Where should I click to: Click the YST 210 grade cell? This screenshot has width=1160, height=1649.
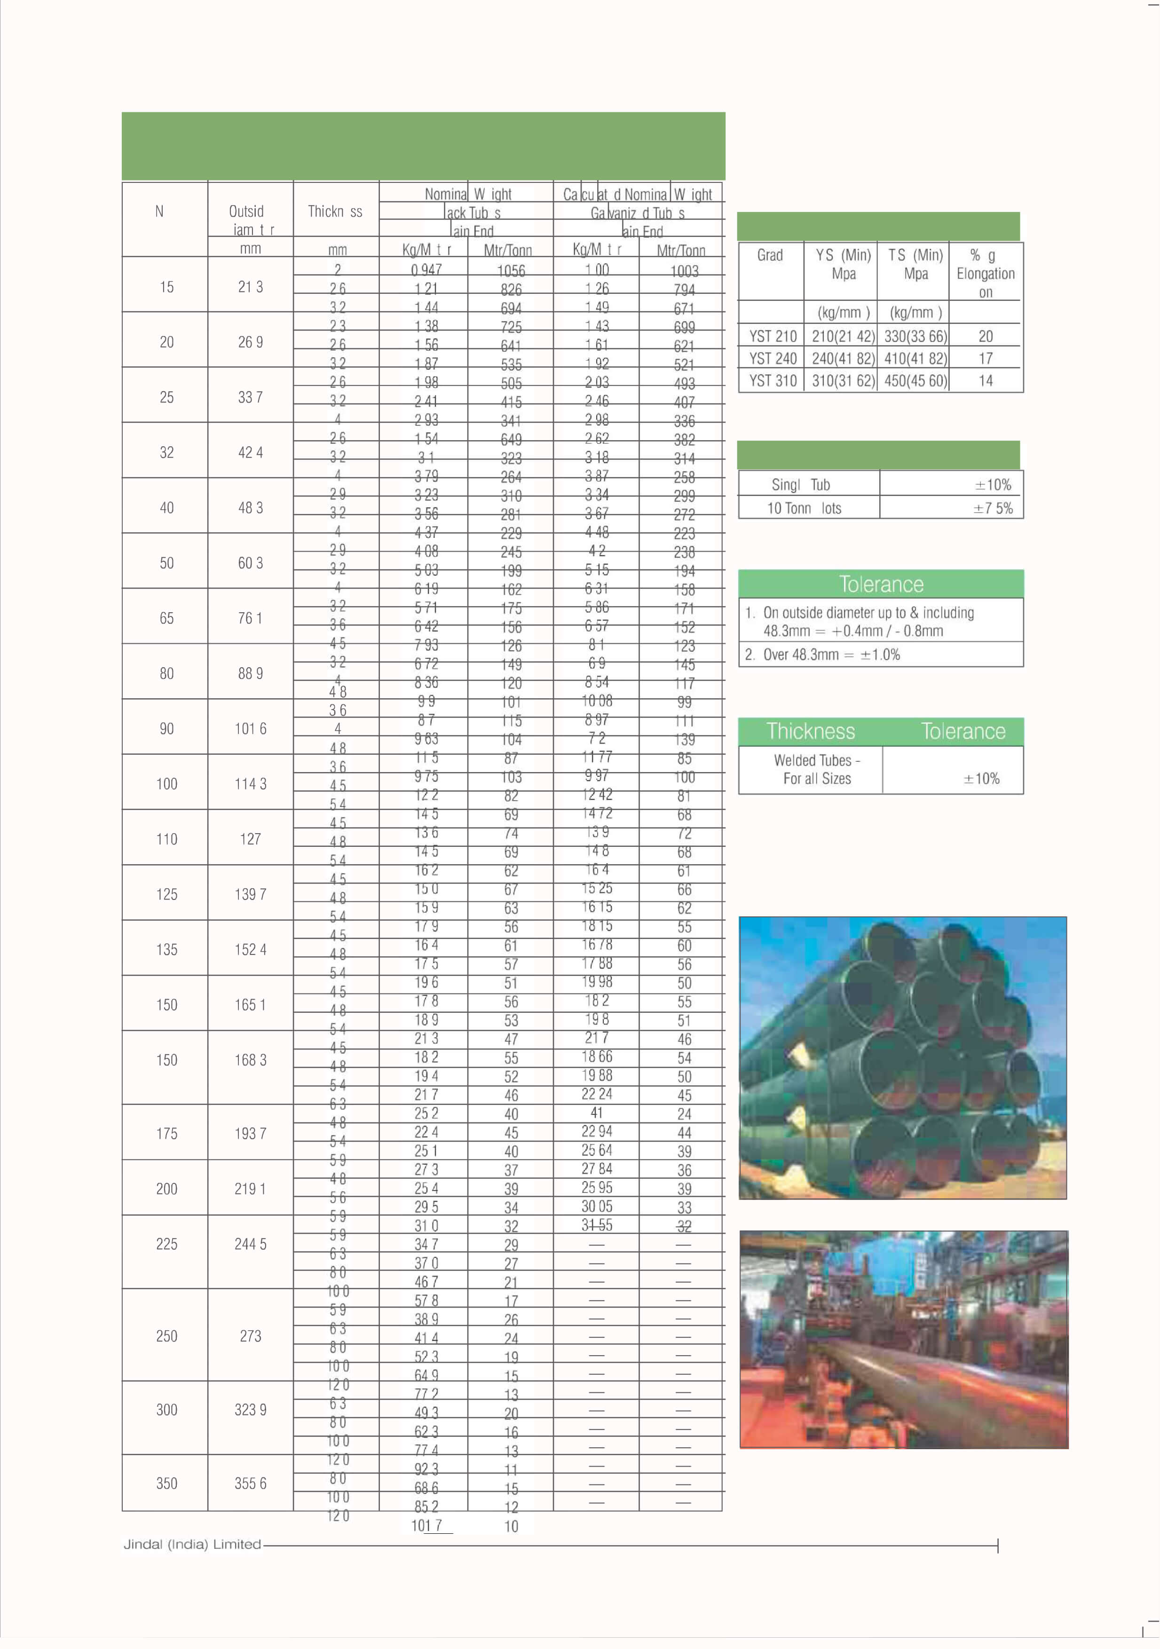click(x=772, y=336)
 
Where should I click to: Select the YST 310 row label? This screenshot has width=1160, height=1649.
click(x=772, y=381)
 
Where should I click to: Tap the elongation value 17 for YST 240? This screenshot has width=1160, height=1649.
click(x=986, y=358)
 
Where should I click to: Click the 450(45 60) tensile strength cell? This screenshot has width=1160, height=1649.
click(x=915, y=381)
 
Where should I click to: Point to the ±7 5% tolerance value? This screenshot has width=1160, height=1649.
click(x=993, y=508)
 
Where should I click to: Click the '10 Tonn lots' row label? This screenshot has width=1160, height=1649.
click(x=804, y=508)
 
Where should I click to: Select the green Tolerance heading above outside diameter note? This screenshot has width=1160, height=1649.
click(x=881, y=584)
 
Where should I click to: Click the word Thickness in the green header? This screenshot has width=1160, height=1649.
click(x=810, y=731)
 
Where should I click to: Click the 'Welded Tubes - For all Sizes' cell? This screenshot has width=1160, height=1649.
click(x=817, y=769)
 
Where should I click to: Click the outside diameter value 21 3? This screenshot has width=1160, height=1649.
click(x=250, y=287)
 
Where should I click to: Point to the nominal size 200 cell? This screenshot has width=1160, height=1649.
click(x=166, y=1189)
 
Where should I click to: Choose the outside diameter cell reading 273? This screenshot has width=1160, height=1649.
click(x=250, y=1336)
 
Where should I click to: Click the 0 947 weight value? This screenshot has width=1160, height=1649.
click(x=426, y=270)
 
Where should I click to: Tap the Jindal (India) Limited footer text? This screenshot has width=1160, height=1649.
click(x=192, y=1544)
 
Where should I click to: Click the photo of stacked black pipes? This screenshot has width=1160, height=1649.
click(x=902, y=1058)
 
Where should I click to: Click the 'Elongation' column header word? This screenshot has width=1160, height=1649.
click(x=986, y=274)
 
